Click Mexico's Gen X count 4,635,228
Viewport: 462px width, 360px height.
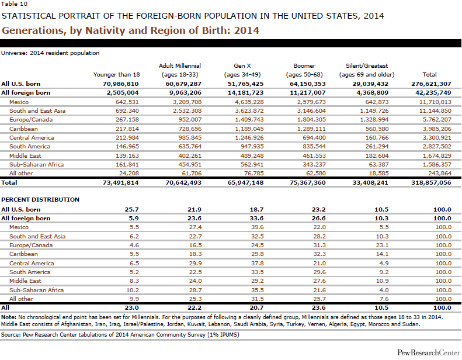click(247, 101)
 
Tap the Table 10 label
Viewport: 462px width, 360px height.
click(11, 4)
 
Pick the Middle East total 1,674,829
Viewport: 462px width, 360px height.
click(432, 155)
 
